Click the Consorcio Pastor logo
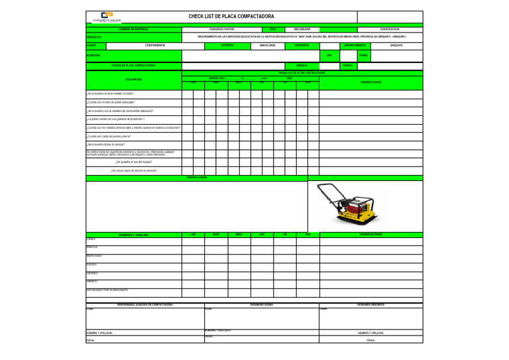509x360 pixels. pos(106,17)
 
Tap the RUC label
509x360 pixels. pos(272,29)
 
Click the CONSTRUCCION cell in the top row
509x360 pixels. pos(390,29)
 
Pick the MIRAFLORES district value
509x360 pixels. pos(267,46)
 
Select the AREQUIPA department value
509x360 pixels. pos(397,46)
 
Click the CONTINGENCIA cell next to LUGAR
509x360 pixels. pos(155,46)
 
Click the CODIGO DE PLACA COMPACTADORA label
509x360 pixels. pos(134,66)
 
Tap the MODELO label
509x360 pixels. pos(302,66)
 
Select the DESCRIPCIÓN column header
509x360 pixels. pos(134,80)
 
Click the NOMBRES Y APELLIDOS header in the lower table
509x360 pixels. pos(134,235)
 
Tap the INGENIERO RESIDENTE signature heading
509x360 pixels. pos(370,304)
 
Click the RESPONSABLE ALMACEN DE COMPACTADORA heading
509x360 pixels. pos(144,304)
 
